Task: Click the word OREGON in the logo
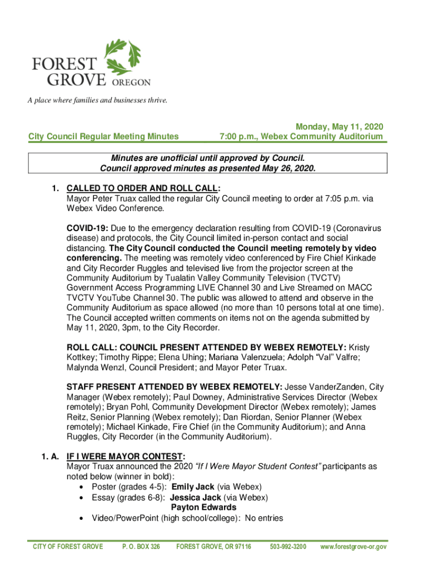[x=128, y=82]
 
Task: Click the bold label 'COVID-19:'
[x=87, y=229]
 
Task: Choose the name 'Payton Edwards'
[x=203, y=507]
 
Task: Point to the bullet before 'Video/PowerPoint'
[x=82, y=518]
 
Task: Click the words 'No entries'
[x=264, y=518]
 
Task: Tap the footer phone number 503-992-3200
[x=287, y=547]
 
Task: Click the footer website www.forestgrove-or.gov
[x=354, y=547]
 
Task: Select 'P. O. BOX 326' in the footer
[x=141, y=547]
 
